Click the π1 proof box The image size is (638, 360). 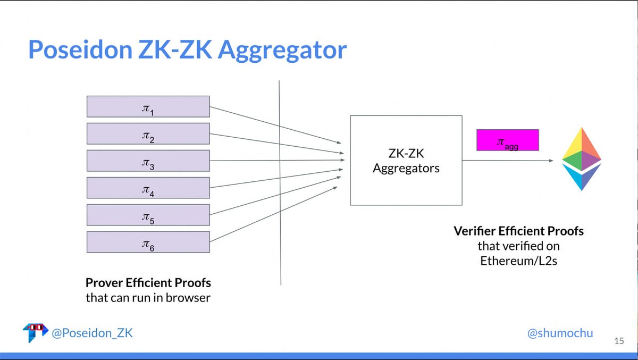pyautogui.click(x=148, y=106)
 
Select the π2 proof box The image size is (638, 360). pyautogui.click(x=148, y=133)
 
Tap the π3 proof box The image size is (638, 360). pyautogui.click(x=148, y=161)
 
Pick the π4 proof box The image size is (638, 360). pyautogui.click(x=148, y=188)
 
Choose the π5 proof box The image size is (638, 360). pyautogui.click(x=148, y=215)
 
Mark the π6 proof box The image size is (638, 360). pyautogui.click(x=148, y=242)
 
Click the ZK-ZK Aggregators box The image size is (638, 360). pyautogui.click(x=406, y=160)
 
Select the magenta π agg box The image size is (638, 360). pyautogui.click(x=507, y=140)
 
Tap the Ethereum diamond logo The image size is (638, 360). pyautogui.click(x=581, y=158)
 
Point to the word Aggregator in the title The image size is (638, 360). pyautogui.click(x=282, y=50)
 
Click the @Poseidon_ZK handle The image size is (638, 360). pyautogui.click(x=91, y=333)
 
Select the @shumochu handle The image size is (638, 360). pyautogui.click(x=560, y=333)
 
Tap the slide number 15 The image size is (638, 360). pyautogui.click(x=619, y=341)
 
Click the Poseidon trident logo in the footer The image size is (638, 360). pyautogui.click(x=35, y=332)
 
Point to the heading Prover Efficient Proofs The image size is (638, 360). pyautogui.click(x=148, y=282)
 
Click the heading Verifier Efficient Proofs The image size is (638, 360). pyautogui.click(x=518, y=231)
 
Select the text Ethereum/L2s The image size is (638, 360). pyautogui.click(x=518, y=261)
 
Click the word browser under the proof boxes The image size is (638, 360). pyautogui.click(x=187, y=298)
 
